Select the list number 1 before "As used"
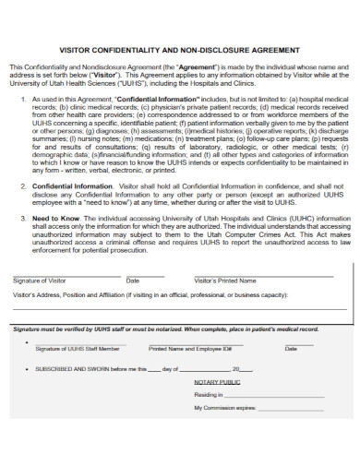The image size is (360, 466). coord(22,96)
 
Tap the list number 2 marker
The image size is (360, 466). coord(22,185)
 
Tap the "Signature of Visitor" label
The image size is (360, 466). coord(40,280)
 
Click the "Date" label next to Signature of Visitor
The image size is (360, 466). coord(133,280)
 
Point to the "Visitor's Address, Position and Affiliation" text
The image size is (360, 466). coord(83,294)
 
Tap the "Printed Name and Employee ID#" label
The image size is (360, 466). coord(190,349)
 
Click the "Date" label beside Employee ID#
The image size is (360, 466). coord(291,349)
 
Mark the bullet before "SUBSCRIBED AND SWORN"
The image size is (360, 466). coord(26,367)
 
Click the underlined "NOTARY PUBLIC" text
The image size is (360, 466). coord(217,380)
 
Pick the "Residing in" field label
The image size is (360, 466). coord(208,393)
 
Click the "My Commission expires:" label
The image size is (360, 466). coord(224,407)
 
